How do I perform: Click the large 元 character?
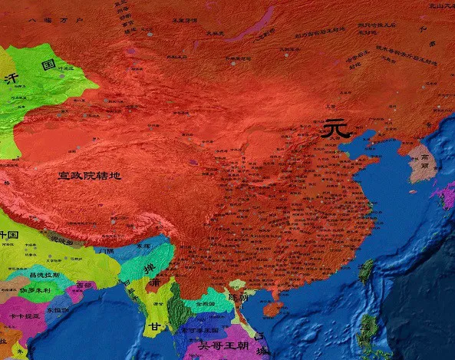click(335, 129)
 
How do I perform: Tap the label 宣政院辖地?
click(90, 176)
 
